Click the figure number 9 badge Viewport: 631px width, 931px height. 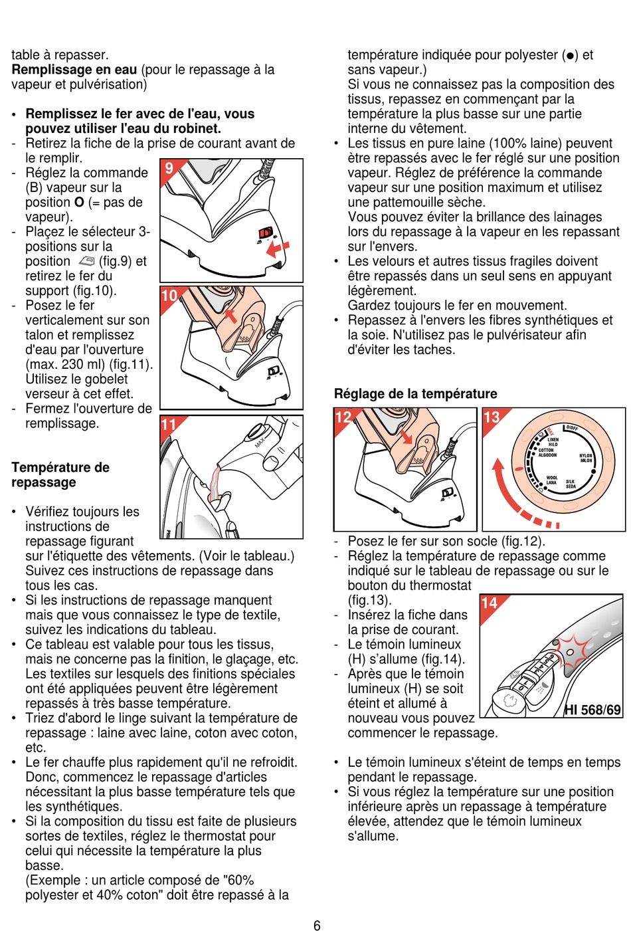[169, 168]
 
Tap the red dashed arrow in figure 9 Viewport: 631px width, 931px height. [278, 249]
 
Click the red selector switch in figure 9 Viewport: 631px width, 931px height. [266, 233]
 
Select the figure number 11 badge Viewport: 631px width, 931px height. [169, 425]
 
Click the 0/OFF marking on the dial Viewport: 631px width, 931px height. [571, 428]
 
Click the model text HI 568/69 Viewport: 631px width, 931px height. [592, 710]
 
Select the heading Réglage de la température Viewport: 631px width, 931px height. [415, 393]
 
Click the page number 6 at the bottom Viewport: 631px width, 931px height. [317, 925]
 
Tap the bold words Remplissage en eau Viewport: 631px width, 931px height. [74, 70]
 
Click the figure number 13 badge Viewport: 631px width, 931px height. [492, 417]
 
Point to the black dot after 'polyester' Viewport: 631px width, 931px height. [570, 56]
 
